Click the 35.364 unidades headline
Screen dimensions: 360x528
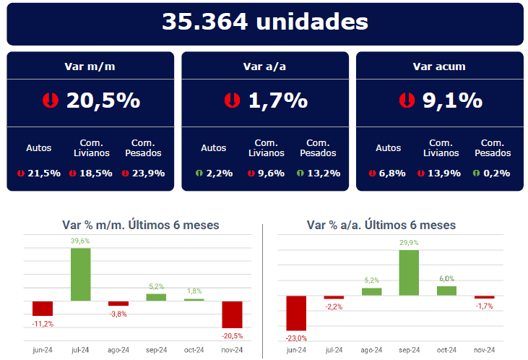pos(264,22)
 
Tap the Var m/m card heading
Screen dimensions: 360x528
pos(90,67)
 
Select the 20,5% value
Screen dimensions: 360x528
pos(103,100)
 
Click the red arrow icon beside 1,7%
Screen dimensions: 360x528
pos(232,100)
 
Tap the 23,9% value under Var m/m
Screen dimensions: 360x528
pos(148,173)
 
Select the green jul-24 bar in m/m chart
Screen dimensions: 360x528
pos(80,274)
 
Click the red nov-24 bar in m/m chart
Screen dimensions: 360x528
pos(232,314)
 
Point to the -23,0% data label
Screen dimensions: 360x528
pos(296,338)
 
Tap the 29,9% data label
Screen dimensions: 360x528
pos(409,243)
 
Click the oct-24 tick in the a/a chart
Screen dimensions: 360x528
pos(446,350)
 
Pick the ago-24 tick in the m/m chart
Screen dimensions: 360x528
pos(118,350)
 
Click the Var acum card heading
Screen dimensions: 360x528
pos(439,67)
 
